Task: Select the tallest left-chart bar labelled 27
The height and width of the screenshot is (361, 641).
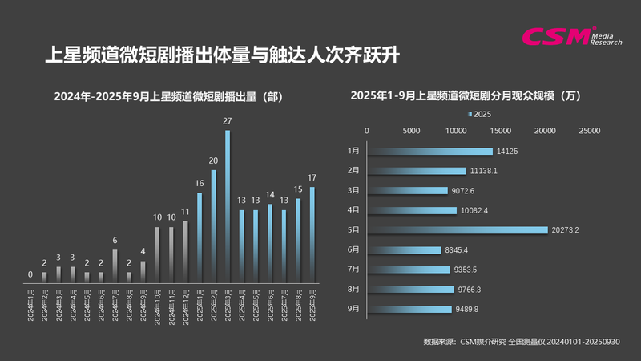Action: [228, 206]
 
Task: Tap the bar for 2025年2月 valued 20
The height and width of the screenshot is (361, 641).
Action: [213, 225]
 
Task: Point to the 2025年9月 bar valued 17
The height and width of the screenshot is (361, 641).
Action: [312, 234]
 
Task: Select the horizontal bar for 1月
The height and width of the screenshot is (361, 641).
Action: [430, 151]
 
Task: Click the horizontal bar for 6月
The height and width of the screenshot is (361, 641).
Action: [405, 249]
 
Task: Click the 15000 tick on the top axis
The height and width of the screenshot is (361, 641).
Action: [501, 130]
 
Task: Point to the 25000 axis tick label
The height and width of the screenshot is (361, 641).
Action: [590, 130]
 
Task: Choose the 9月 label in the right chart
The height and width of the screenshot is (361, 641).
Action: [354, 309]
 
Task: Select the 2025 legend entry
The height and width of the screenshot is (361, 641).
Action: [480, 114]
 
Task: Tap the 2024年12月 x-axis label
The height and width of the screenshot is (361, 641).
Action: [185, 306]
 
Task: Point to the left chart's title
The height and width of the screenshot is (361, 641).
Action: [169, 96]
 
